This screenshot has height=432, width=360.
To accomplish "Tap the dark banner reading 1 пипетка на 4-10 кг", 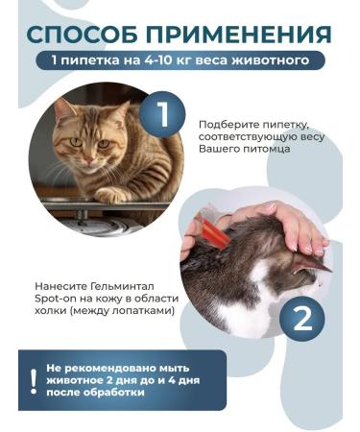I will (x=180, y=60).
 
